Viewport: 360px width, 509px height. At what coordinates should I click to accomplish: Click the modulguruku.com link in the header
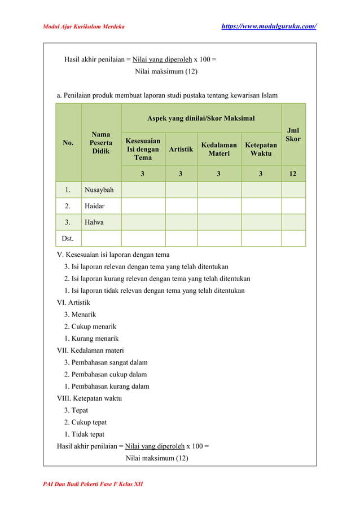268,27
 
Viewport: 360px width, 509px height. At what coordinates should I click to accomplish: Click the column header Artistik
181,149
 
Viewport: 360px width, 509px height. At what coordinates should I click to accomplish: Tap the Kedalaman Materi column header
219,149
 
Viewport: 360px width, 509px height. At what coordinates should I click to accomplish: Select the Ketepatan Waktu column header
261,149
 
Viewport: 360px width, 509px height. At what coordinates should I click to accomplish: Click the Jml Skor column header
293,134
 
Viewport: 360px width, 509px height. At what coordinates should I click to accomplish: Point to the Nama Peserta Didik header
101,143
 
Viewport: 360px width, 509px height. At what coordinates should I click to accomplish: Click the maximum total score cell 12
293,174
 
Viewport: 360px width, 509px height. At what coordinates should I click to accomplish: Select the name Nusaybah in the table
99,190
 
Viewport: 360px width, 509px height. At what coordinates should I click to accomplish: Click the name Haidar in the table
95,206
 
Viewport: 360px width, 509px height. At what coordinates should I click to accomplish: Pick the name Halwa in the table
94,222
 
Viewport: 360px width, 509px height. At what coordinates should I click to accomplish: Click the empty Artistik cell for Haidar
181,206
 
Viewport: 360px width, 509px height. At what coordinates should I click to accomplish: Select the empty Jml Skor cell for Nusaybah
293,190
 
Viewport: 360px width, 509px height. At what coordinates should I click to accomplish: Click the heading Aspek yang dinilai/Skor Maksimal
201,119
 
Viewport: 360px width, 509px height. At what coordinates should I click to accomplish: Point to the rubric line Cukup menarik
90,327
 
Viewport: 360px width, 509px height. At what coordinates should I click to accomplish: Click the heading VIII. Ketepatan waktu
89,398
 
